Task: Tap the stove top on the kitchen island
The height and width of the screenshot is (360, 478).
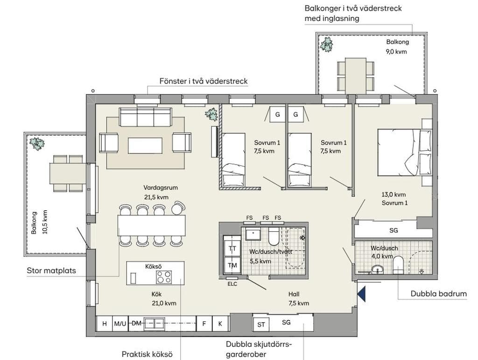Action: (164, 277)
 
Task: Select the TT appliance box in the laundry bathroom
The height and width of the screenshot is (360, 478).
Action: (232, 249)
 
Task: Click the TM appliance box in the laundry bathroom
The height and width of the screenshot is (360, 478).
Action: (232, 265)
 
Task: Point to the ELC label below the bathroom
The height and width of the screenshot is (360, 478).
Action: (232, 284)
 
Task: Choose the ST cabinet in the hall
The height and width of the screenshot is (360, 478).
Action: (261, 325)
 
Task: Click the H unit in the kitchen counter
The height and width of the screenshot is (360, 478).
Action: (105, 324)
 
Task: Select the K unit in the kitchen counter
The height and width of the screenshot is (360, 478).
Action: (220, 324)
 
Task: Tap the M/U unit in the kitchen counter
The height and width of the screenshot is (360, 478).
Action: (120, 324)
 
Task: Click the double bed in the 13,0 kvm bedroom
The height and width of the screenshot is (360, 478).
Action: (405, 152)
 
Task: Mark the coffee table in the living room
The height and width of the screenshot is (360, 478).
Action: (145, 145)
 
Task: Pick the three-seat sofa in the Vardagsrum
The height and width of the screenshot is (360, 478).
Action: (146, 117)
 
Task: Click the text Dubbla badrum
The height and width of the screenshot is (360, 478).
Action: (439, 294)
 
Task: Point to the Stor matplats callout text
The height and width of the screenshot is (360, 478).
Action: (51, 270)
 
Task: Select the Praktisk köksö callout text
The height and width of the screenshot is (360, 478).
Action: (147, 354)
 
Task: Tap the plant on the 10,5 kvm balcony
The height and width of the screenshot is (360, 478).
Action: (36, 144)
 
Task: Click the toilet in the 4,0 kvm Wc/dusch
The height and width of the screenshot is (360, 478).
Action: (398, 266)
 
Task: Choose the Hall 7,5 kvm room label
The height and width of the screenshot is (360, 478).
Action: (299, 298)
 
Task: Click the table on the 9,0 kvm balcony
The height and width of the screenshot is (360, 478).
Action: (356, 75)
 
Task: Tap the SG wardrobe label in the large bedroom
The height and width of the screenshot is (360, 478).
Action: (394, 230)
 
